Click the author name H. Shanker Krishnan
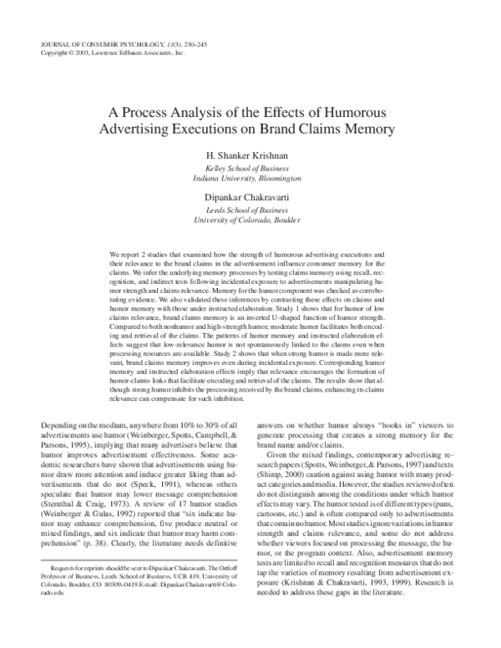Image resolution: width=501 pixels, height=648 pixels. click(250, 156)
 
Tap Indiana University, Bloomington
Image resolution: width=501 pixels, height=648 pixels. click(250, 178)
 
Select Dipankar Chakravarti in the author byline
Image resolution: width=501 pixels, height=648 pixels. click(250, 195)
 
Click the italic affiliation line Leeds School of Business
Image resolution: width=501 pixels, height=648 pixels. click(250, 208)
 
